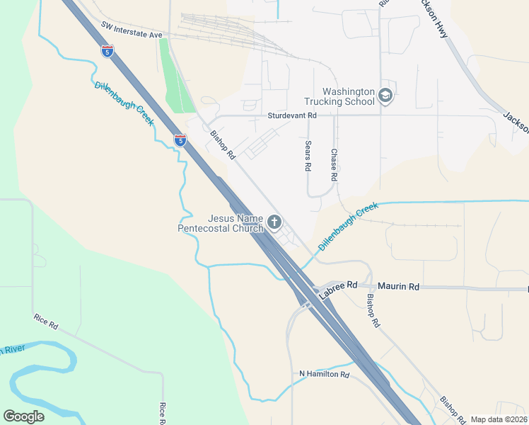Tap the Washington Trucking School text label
[x=348, y=96]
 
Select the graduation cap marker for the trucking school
[x=385, y=96]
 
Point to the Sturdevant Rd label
[x=291, y=115]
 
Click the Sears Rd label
[x=308, y=156]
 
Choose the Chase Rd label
[x=334, y=164]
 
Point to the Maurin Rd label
[x=398, y=286]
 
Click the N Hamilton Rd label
[x=325, y=374]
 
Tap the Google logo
[x=23, y=416]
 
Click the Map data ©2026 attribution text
[x=499, y=419]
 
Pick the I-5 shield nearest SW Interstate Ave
[x=107, y=51]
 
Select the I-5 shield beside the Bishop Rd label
[x=181, y=140]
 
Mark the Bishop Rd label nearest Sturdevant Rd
[x=222, y=144]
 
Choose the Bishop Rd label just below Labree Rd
[x=373, y=310]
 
